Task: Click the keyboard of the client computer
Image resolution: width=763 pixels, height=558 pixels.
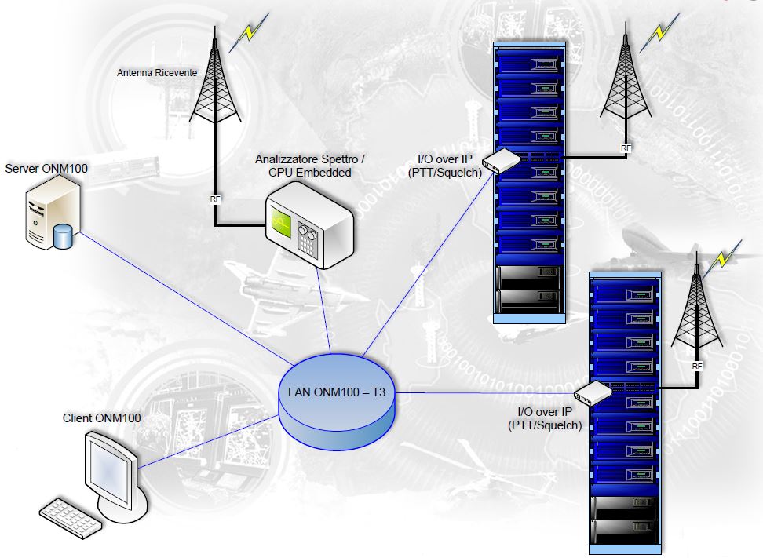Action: pyautogui.click(x=71, y=517)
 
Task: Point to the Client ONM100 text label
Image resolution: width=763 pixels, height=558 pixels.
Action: pyautogui.click(x=102, y=418)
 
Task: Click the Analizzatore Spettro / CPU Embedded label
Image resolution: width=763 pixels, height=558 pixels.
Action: pyautogui.click(x=309, y=166)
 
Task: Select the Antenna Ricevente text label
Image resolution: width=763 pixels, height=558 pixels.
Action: pyautogui.click(x=157, y=73)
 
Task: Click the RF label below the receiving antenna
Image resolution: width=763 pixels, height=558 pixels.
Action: pyautogui.click(x=215, y=199)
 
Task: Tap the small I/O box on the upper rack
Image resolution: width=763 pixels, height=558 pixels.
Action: pyautogui.click(x=501, y=161)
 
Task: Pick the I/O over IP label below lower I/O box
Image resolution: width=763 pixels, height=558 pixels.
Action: pyautogui.click(x=546, y=418)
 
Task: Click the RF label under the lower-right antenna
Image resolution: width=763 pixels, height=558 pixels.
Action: pyautogui.click(x=697, y=366)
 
